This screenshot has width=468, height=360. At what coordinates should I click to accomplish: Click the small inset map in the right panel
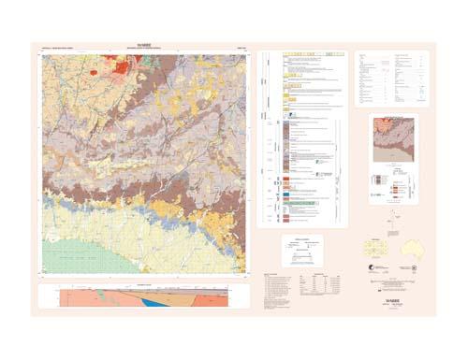[x=393, y=139]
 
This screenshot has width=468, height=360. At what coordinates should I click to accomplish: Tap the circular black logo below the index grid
[x=373, y=271]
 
